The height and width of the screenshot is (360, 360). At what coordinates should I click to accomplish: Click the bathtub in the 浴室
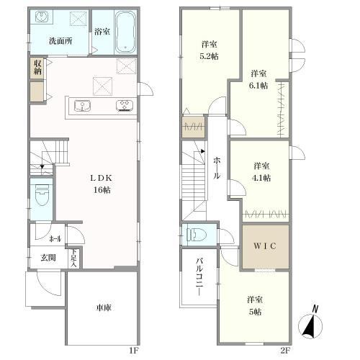[x=125, y=32]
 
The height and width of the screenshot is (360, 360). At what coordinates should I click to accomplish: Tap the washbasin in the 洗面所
[x=42, y=17]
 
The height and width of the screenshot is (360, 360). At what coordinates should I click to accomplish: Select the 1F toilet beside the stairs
[x=42, y=194]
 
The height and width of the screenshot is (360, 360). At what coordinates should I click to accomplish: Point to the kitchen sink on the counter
[x=82, y=106]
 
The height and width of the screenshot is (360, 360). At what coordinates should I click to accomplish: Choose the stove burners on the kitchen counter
[x=125, y=106]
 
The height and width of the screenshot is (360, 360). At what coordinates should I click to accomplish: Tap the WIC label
[x=265, y=246]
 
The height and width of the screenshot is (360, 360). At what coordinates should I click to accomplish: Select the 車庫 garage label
[x=104, y=307]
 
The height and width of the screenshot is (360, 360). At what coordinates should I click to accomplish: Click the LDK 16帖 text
[x=102, y=184]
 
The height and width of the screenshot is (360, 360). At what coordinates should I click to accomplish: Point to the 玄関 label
[x=48, y=258]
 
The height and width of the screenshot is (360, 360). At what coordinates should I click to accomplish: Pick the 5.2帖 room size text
[x=209, y=56]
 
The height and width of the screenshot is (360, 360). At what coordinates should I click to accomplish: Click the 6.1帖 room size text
[x=258, y=86]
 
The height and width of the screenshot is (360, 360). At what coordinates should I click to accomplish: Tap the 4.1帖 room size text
[x=261, y=178]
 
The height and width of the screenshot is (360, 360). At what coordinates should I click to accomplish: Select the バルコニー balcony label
[x=199, y=276]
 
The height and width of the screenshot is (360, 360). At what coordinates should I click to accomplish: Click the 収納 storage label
[x=37, y=68]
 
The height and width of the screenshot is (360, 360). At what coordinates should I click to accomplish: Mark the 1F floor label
[x=134, y=351]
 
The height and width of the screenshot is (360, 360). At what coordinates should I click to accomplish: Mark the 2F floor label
[x=285, y=351]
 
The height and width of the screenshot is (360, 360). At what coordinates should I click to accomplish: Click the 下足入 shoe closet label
[x=74, y=258]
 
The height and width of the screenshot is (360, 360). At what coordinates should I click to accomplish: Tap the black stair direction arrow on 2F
[x=203, y=151]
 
